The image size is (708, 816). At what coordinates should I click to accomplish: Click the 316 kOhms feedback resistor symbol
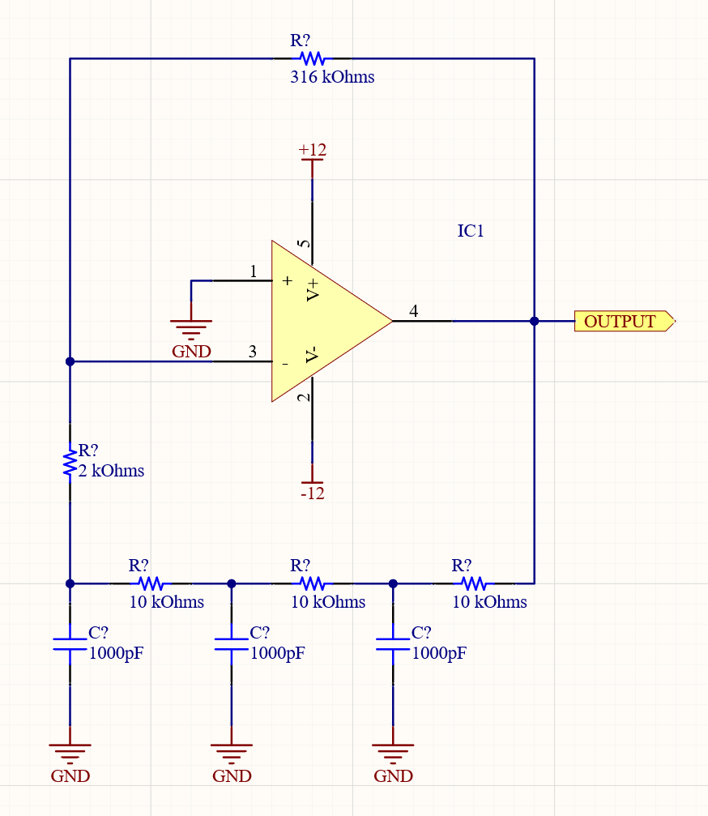[x=312, y=58]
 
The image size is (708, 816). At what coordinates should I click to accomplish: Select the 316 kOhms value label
[x=332, y=78]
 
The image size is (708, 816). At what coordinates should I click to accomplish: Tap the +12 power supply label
[x=312, y=150]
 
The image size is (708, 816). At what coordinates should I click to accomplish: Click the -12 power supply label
[x=312, y=493]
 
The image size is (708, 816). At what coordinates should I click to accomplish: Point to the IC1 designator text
[x=471, y=231]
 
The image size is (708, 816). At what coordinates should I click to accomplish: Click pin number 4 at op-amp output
[x=414, y=311]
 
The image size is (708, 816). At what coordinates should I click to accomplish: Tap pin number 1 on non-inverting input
[x=254, y=272]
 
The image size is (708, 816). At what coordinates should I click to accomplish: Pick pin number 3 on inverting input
[x=253, y=352]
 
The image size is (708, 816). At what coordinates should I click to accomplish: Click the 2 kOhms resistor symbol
[x=70, y=463]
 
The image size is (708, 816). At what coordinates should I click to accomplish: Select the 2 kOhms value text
[x=111, y=471]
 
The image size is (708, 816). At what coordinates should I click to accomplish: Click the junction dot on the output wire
[x=534, y=321]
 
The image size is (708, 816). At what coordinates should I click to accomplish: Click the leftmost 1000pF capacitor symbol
[x=70, y=644]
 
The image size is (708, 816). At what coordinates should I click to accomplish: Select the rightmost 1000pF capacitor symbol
[x=393, y=644]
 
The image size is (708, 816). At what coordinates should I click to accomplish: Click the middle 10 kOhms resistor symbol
[x=312, y=583]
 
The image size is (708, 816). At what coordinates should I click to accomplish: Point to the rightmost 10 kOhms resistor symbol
[x=474, y=583]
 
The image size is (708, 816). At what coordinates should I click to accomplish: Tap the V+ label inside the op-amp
[x=313, y=289]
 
